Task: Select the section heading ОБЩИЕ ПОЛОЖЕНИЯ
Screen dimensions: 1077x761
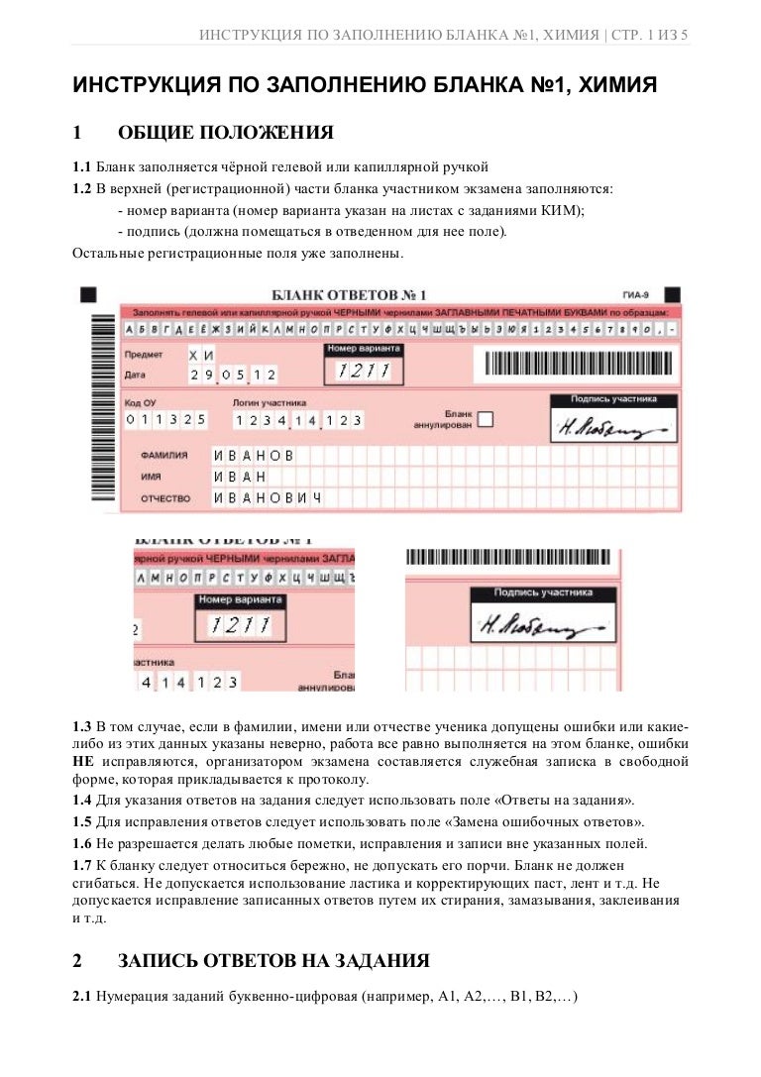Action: [226, 133]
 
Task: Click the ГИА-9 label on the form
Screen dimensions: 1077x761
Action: [636, 295]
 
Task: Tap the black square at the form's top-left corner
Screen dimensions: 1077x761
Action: [88, 294]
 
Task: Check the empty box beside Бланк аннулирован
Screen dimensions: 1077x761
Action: [485, 419]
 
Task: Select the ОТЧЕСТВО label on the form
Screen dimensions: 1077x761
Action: [165, 498]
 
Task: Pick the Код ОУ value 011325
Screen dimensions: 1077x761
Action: [165, 420]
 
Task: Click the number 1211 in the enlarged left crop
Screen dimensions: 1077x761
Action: [240, 625]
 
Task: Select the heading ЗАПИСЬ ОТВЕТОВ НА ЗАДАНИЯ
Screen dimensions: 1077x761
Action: [273, 960]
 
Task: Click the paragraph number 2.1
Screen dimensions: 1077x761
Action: [82, 996]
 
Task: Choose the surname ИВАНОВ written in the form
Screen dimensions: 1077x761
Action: [254, 456]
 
